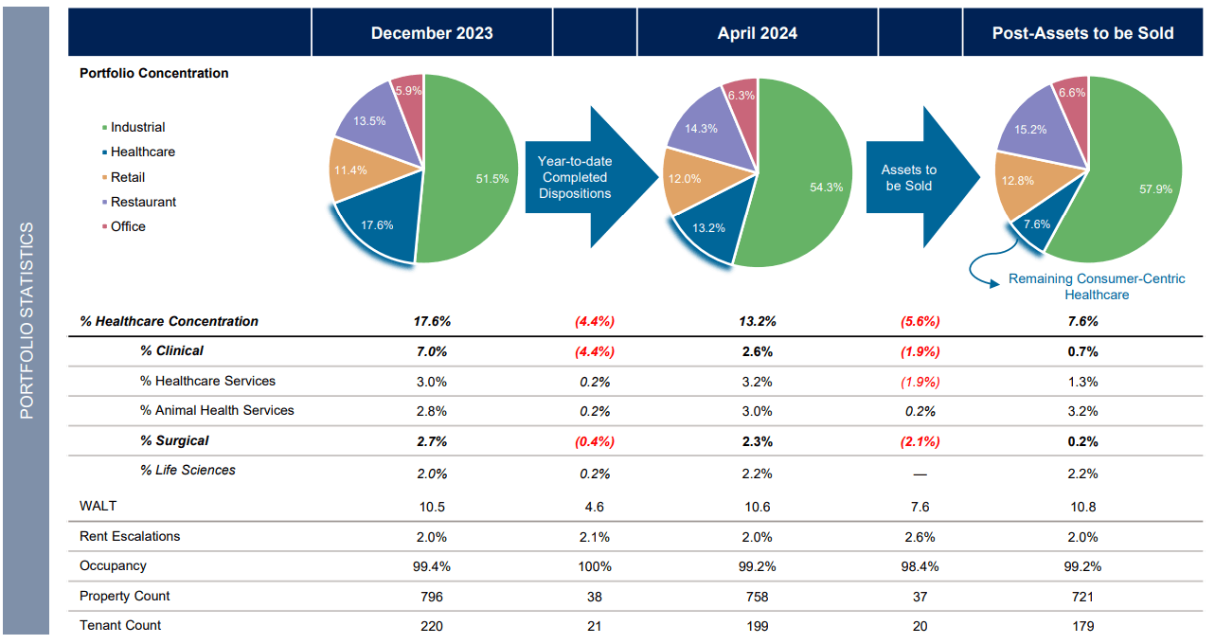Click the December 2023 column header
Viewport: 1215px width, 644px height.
432,33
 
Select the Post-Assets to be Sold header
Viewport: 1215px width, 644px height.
1082,33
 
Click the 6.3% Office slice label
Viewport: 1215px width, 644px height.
741,96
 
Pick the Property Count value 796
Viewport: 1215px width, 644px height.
432,597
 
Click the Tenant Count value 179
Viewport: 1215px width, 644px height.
1082,626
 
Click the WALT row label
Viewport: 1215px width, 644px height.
98,507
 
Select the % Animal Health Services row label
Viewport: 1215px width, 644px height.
217,410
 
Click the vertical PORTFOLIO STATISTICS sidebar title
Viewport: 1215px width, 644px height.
27,320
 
